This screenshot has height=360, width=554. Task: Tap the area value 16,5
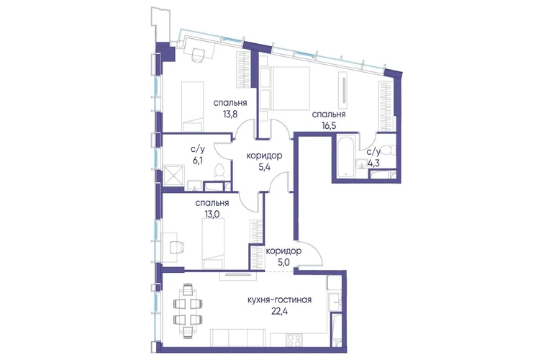[328, 125]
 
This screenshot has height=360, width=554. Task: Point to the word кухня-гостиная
[279, 300]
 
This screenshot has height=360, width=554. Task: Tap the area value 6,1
[196, 161]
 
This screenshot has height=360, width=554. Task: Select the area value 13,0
[212, 214]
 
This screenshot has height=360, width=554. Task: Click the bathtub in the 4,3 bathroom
[345, 157]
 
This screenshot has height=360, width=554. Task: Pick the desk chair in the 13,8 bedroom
[198, 54]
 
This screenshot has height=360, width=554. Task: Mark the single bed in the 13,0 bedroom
[213, 243]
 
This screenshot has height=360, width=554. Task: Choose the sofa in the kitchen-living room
[237, 338]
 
